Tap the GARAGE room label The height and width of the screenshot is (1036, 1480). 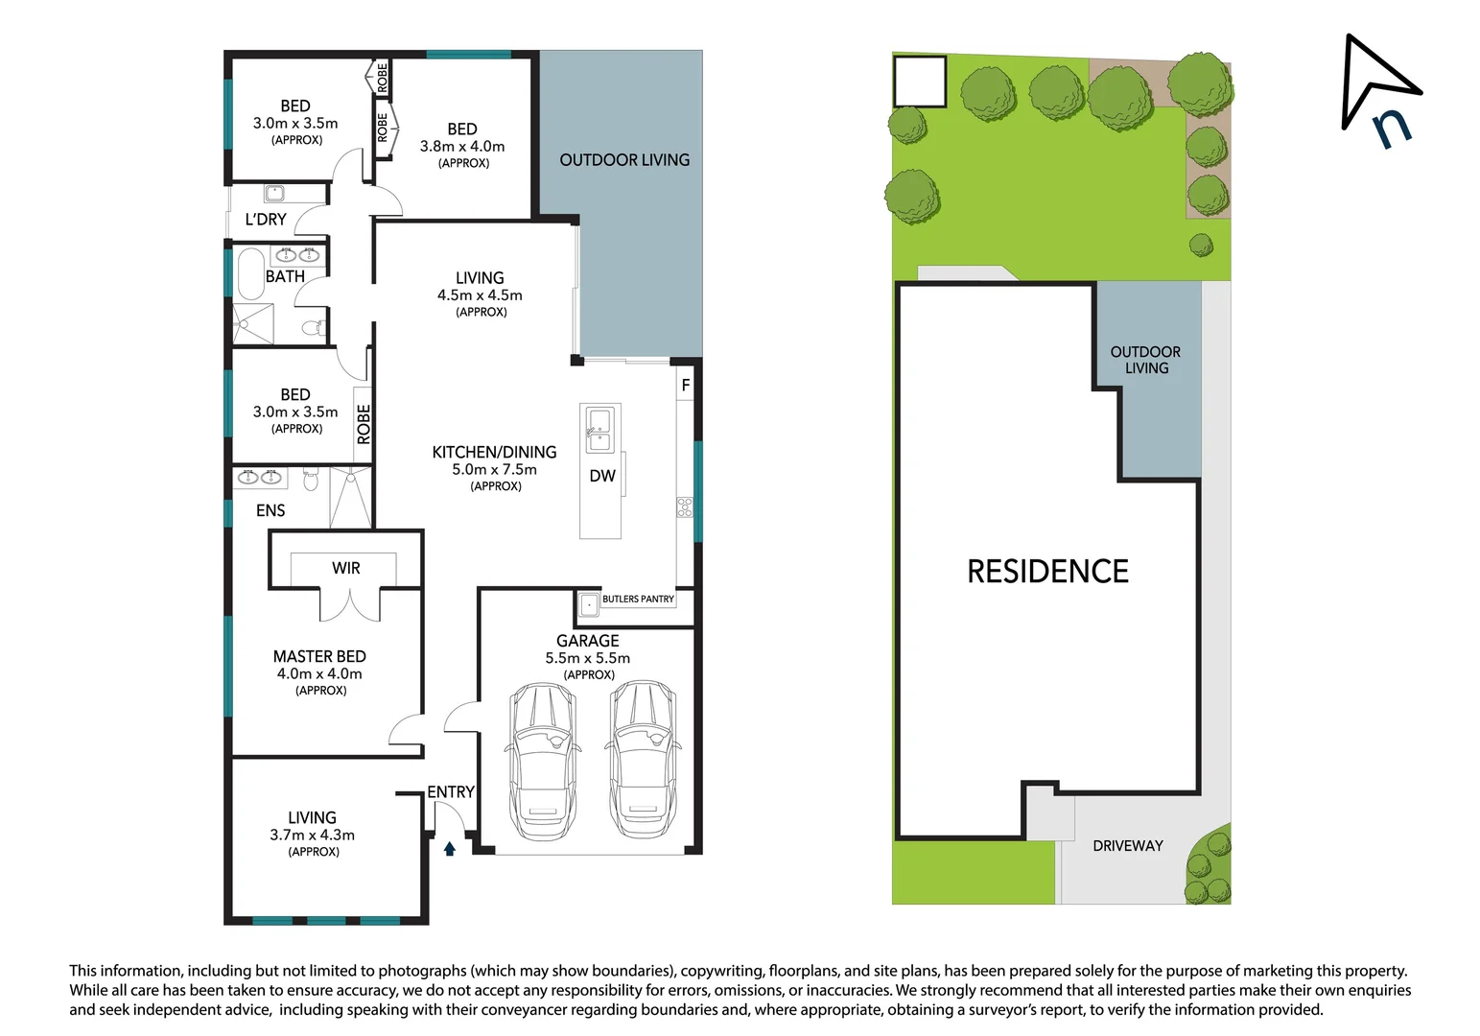pos(587,641)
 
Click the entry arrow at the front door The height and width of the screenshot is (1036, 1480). pos(449,848)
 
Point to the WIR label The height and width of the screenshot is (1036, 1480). pos(346,568)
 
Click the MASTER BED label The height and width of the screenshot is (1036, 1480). pos(319,656)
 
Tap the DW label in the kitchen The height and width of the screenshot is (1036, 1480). pos(602,476)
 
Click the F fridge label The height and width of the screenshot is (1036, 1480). pos(685,386)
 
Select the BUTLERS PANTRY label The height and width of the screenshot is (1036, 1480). pos(638,600)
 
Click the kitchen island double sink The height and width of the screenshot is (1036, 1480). pos(600,430)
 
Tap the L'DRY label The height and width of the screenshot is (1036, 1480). pos(266,220)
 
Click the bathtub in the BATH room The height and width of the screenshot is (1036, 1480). pos(250,271)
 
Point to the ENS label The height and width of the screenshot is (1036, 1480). pos(270,510)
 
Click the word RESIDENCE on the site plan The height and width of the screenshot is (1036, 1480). pos(1047,572)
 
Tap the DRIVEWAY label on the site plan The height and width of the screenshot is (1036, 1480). pos(1127,846)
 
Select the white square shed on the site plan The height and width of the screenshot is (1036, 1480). pos(920,81)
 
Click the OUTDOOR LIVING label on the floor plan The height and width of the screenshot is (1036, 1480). pos(624,160)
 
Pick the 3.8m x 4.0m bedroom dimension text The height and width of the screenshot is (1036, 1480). pos(462,147)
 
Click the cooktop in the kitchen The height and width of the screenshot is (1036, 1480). pos(685,507)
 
